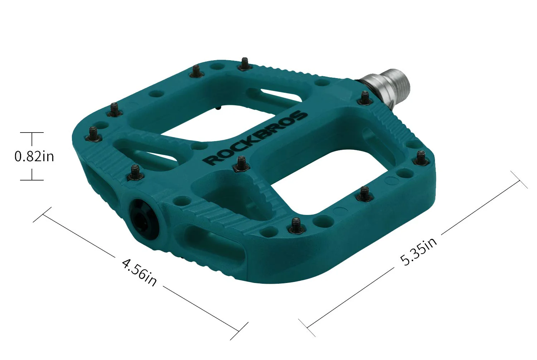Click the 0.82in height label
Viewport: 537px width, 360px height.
click(x=34, y=157)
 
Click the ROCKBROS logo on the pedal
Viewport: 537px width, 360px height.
click(x=256, y=138)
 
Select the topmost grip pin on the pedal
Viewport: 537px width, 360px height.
click(x=245, y=64)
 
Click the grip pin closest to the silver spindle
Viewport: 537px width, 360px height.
click(x=365, y=98)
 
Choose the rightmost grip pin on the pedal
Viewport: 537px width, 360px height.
click(x=421, y=158)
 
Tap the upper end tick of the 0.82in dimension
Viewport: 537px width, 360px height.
click(x=32, y=133)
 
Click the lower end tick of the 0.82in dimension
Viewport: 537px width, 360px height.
click(x=32, y=180)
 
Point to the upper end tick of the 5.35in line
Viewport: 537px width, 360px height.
click(x=519, y=179)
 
